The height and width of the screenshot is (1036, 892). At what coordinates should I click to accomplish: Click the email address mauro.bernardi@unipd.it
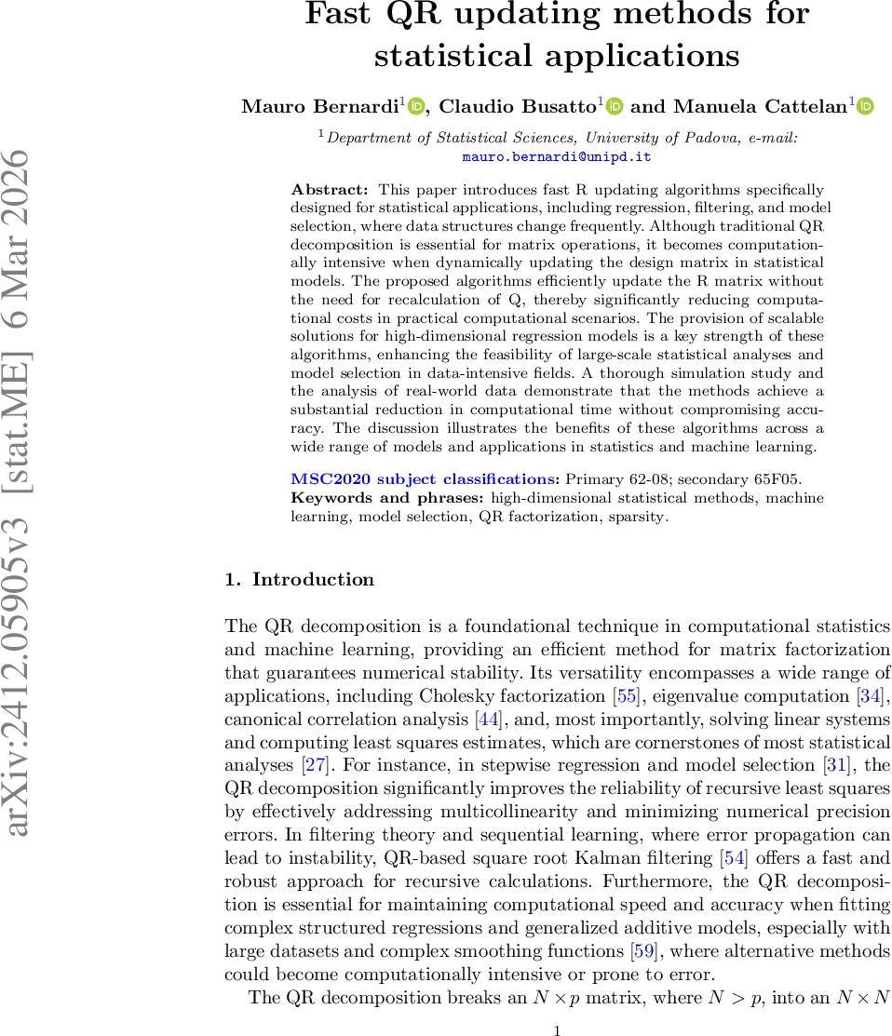556,156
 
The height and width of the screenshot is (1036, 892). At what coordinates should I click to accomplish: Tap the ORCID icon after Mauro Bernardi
416,106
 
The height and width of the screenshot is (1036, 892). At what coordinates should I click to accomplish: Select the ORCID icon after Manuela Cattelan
866,106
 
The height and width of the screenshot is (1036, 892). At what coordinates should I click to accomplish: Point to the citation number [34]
876,695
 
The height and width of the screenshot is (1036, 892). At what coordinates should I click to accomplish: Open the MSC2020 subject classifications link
423,479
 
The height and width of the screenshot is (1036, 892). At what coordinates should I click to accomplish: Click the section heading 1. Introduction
299,580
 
